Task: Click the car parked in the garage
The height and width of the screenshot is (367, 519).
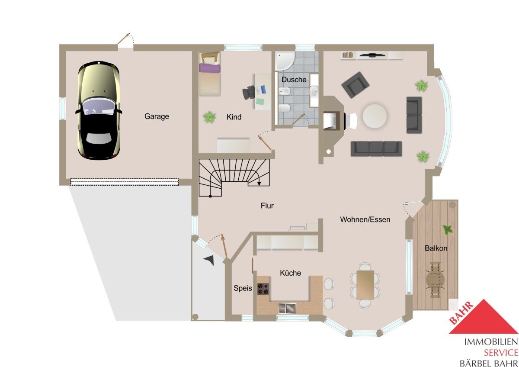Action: pyautogui.click(x=99, y=111)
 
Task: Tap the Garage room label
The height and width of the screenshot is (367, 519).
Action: pyautogui.click(x=157, y=116)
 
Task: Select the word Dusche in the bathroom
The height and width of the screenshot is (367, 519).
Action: pyautogui.click(x=294, y=80)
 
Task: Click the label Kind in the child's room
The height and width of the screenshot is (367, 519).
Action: pyautogui.click(x=234, y=117)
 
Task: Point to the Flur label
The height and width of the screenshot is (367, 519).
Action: pyautogui.click(x=267, y=206)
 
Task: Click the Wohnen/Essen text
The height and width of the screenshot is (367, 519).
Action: pyautogui.click(x=365, y=219)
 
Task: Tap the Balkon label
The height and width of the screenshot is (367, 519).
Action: pyautogui.click(x=436, y=248)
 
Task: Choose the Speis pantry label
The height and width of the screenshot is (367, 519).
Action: pyautogui.click(x=243, y=288)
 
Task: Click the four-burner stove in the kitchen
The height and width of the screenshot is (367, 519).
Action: pyautogui.click(x=263, y=289)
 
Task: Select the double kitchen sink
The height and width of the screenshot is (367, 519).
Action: pyautogui.click(x=287, y=308)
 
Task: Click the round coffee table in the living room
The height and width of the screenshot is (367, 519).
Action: pyautogui.click(x=375, y=116)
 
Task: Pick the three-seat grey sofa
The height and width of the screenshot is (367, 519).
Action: pyautogui.click(x=376, y=148)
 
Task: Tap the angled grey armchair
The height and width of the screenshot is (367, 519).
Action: pyautogui.click(x=355, y=85)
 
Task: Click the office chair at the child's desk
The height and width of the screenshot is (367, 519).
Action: pyautogui.click(x=249, y=92)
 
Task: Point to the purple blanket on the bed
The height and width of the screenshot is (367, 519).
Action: pyautogui.click(x=209, y=68)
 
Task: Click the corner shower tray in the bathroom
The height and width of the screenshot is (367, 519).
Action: pyautogui.click(x=285, y=61)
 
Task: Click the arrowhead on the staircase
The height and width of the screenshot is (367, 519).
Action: pyautogui.click(x=259, y=183)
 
